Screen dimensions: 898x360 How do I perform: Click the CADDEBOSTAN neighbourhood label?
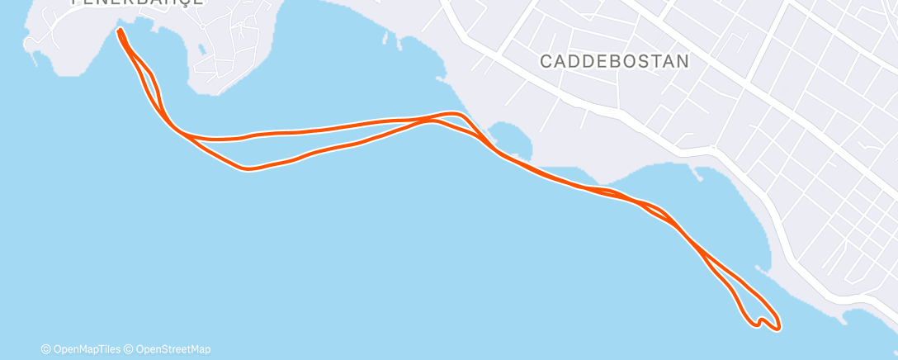click(614, 61)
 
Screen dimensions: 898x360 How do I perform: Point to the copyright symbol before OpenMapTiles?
click(46, 349)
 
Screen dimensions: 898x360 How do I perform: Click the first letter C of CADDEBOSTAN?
click(546, 61)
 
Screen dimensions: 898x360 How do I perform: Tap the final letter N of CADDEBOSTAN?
click(683, 61)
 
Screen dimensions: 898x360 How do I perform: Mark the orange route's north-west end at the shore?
click(121, 31)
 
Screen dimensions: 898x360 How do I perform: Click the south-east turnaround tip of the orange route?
click(777, 328)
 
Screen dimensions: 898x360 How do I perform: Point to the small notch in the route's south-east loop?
click(760, 319)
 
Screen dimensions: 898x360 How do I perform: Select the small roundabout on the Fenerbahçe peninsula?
click(202, 26)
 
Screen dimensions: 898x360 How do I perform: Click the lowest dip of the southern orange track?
click(248, 168)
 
